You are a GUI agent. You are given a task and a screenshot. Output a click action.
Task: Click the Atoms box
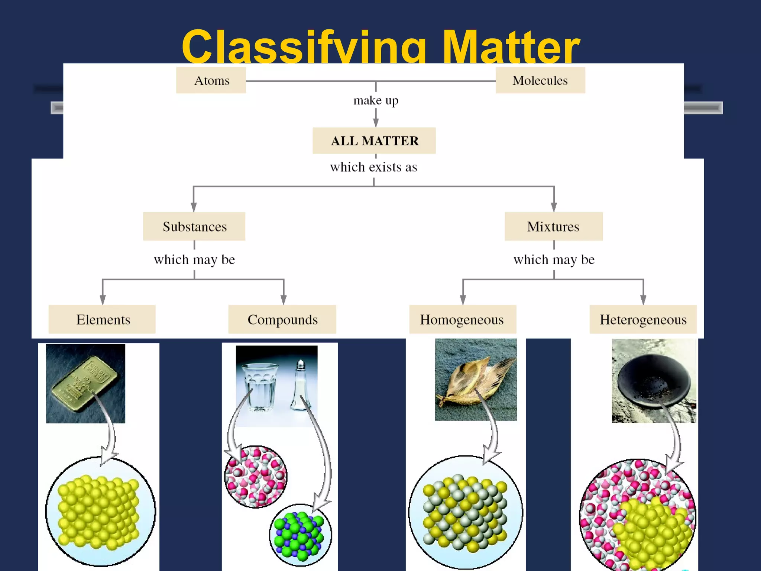(211, 80)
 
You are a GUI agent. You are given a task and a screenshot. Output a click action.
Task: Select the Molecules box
(540, 80)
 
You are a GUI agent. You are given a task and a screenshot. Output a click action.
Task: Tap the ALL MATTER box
(374, 141)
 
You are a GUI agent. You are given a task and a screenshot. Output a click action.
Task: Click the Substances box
(194, 226)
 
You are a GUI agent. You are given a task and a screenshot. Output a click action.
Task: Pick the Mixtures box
(553, 226)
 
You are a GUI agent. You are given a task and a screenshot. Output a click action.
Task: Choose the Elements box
(102, 319)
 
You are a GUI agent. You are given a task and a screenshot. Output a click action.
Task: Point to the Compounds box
(282, 319)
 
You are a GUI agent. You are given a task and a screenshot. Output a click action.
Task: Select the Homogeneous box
(462, 319)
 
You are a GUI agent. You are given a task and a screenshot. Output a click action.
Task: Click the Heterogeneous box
(643, 319)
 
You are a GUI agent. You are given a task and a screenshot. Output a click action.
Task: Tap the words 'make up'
(376, 100)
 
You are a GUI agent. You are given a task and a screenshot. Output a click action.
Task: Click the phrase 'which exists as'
(373, 167)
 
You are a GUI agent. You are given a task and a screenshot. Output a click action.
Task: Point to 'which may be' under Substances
(194, 259)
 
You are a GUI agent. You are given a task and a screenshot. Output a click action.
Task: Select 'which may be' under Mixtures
(554, 259)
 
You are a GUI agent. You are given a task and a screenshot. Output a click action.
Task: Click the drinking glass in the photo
(259, 387)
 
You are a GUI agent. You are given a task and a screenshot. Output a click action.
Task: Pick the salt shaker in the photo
(300, 387)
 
